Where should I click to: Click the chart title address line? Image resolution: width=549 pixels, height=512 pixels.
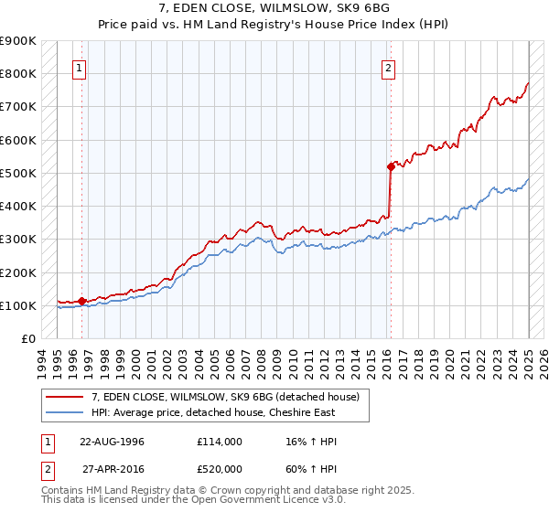point(274,9)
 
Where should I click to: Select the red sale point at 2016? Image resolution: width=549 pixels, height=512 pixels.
point(391,166)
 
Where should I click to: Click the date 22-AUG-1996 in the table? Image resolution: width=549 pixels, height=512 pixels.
point(112,441)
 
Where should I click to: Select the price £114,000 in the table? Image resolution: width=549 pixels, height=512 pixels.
point(220,441)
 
